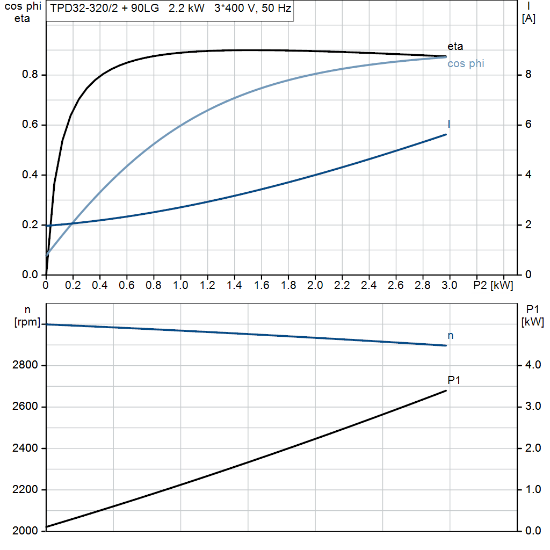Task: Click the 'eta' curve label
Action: pos(455,46)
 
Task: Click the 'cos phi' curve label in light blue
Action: pos(465,63)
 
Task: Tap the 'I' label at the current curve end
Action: pos(449,124)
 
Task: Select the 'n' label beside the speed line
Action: pos(450,336)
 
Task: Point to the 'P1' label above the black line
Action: pos(454,380)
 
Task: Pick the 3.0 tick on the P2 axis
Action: pos(449,285)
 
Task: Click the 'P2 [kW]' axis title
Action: pos(493,285)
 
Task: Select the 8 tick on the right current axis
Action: pos(528,75)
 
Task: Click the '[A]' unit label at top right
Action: pos(529,19)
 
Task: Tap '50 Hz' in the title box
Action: pos(276,9)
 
